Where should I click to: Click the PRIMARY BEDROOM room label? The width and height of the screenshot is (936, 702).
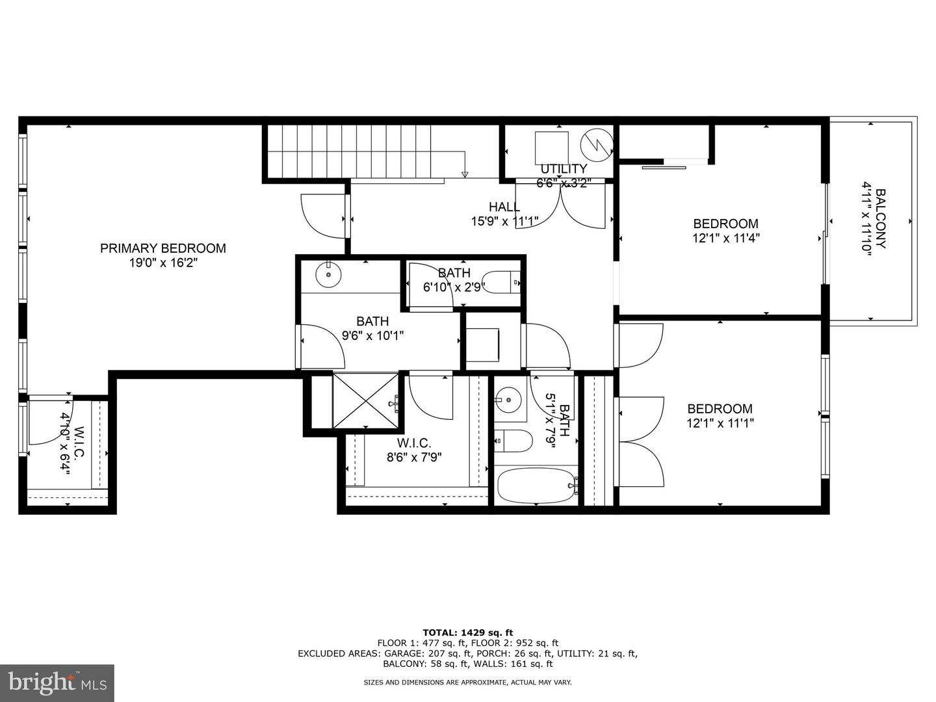pos(162,248)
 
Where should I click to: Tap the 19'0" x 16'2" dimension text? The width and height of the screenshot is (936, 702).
pos(162,263)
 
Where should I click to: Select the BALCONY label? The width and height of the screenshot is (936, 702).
pos(880,218)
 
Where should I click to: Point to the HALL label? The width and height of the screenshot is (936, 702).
pos(504,207)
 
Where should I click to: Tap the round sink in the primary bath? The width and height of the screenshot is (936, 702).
pos(328,275)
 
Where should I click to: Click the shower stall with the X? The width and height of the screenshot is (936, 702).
pos(365,400)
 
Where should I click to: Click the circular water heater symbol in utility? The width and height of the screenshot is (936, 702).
pos(597,145)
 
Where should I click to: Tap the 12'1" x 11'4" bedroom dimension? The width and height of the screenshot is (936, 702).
pos(725,239)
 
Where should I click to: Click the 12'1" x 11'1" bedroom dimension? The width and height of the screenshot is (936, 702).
pos(720,423)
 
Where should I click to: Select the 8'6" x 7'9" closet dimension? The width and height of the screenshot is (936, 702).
pos(414,457)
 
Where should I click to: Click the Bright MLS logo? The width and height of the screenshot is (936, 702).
pos(57,682)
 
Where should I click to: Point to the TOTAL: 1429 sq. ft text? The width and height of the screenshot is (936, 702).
pos(467,632)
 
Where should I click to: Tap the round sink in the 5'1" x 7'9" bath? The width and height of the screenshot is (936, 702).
pos(509,398)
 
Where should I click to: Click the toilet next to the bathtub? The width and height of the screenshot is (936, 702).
pos(513,441)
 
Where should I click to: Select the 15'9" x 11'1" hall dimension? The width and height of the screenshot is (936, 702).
pos(504,222)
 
